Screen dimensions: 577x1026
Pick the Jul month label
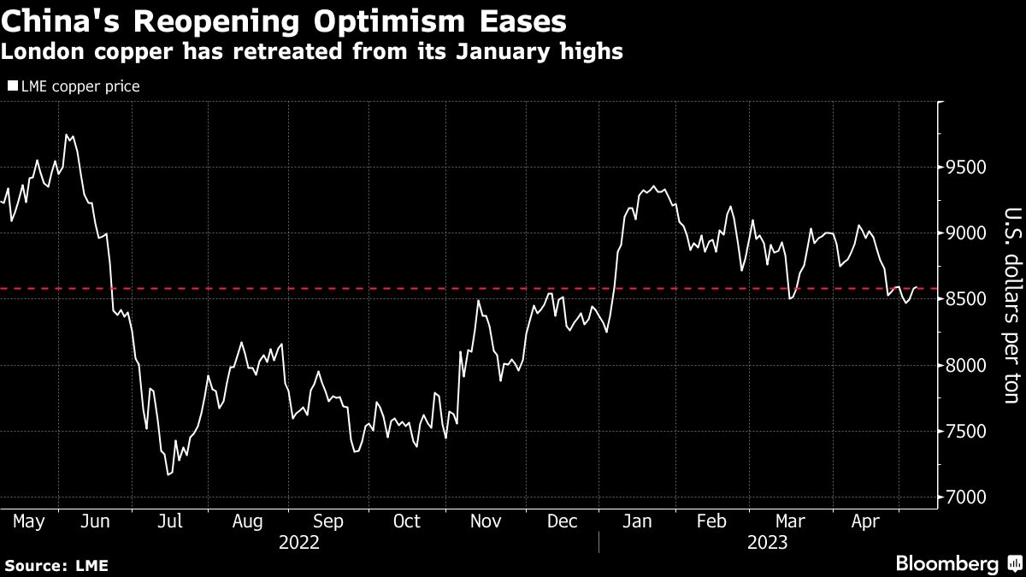170,521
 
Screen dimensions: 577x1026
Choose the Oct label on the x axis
406,521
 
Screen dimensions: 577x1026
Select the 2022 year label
298,542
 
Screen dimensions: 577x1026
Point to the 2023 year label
768,542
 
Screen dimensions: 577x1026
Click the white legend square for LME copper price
12,86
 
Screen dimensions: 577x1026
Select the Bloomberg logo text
946,563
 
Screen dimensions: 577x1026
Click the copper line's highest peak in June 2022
67,134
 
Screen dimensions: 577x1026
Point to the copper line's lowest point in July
168,474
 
